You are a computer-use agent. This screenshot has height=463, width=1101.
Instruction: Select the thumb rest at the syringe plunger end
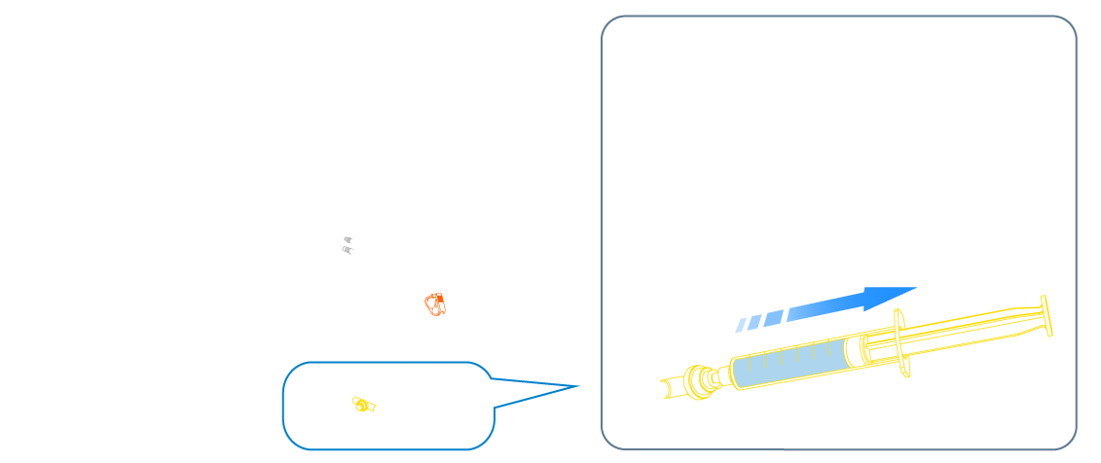pos(1047,317)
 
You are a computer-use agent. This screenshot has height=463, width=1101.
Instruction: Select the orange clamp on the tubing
pos(435,304)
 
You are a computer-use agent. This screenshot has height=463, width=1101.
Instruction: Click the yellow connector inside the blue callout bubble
pos(362,405)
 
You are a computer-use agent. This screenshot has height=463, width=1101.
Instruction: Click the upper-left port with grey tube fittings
pos(342,238)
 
